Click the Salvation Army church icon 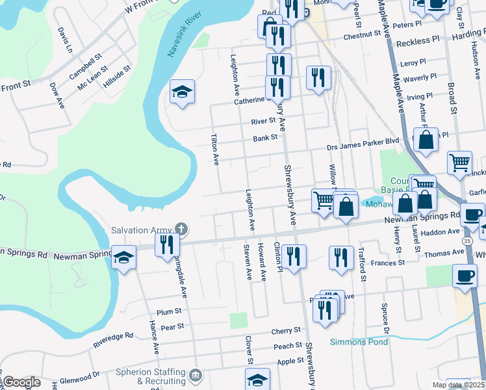tap(181, 229)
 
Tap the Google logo tap(21, 383)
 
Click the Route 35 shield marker tap(468, 240)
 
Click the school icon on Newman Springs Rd tap(123, 255)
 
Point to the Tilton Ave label tap(214, 150)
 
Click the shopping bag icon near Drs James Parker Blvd tap(426, 140)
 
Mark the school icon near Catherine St tap(183, 92)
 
